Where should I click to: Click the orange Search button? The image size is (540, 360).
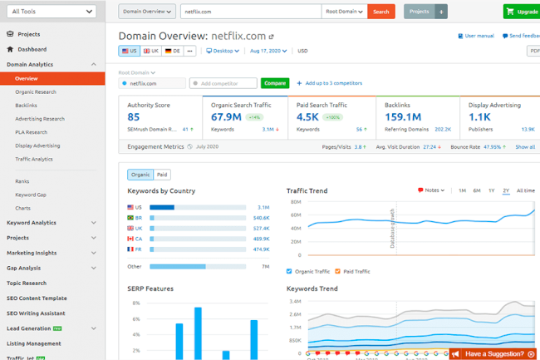pos(381,12)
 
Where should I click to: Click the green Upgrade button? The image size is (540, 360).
pos(521,12)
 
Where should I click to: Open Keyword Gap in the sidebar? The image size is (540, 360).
pos(30,194)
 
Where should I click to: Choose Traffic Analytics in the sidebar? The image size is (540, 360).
pos(34,158)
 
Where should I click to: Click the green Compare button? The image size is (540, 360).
pos(274,83)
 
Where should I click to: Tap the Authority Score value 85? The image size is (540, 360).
pos(134,117)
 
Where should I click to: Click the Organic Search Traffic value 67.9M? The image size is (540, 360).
pos(227,117)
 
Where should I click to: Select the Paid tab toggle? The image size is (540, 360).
pos(162,175)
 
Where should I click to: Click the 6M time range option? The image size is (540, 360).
pos(477,190)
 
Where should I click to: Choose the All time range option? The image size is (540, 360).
pos(525,190)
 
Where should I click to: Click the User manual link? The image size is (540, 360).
pos(477,37)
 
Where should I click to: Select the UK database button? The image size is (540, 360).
pos(150,51)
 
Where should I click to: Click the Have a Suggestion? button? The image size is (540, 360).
pos(493,353)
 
